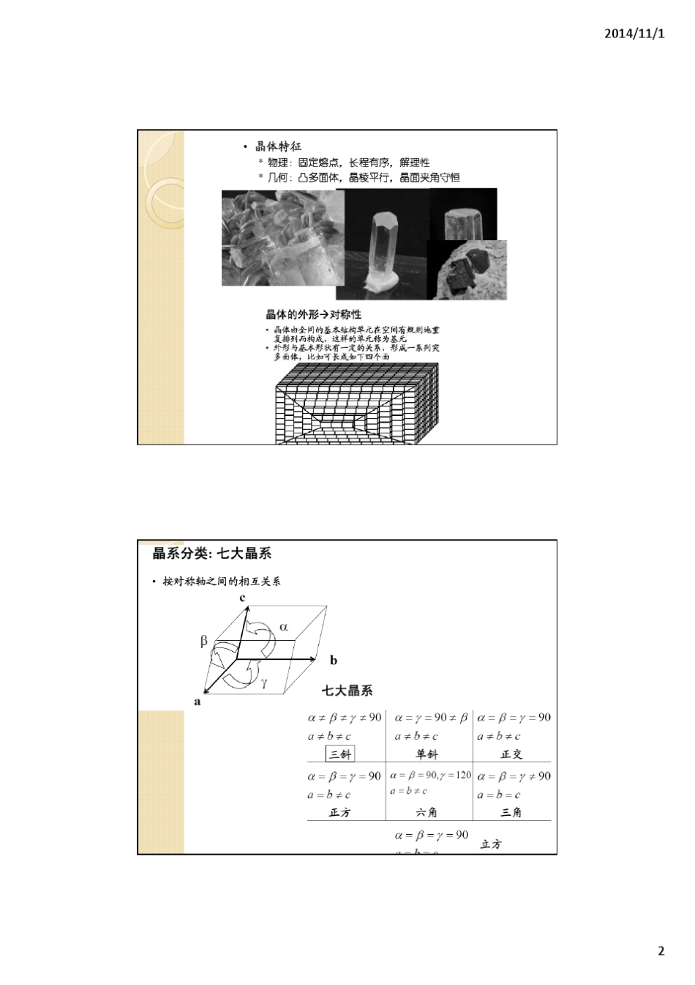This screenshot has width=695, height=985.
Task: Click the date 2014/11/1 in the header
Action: coord(635,34)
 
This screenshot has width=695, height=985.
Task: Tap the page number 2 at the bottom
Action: coord(661,951)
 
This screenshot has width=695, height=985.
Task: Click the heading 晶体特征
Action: coord(278,146)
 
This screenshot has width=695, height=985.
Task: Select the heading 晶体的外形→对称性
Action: coord(313,314)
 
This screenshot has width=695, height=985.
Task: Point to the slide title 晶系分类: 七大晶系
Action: coord(212,554)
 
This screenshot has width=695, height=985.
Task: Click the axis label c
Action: coord(242,598)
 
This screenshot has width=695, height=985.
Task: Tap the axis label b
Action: coord(334,661)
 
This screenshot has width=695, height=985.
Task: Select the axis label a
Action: coord(197,702)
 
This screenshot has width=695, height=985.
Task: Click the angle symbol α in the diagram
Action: coord(284,627)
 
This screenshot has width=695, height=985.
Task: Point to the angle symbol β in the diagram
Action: coord(204,641)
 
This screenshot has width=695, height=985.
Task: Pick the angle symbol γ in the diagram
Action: coord(264,683)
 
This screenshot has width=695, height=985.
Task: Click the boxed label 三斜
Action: coord(340,754)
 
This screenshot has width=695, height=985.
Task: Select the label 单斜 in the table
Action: coord(427,754)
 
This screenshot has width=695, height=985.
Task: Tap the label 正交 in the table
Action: coord(511,754)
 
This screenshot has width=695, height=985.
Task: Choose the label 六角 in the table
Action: coord(427,812)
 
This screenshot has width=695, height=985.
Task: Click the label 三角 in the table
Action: coord(511,812)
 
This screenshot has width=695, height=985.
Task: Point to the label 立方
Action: coord(492,844)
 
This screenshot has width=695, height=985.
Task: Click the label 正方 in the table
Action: coord(340,812)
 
